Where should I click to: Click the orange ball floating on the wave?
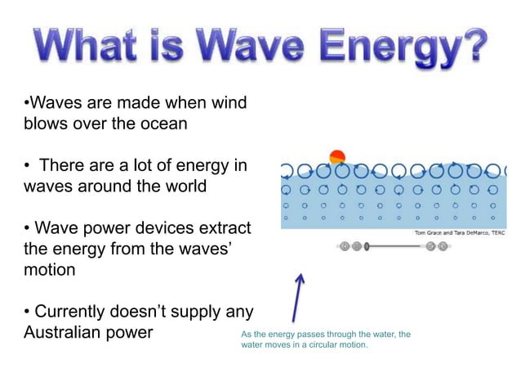[x=336, y=157]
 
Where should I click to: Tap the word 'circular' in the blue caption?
[x=325, y=344]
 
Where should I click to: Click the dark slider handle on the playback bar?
[x=367, y=245]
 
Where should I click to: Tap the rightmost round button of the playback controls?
[x=443, y=245]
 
